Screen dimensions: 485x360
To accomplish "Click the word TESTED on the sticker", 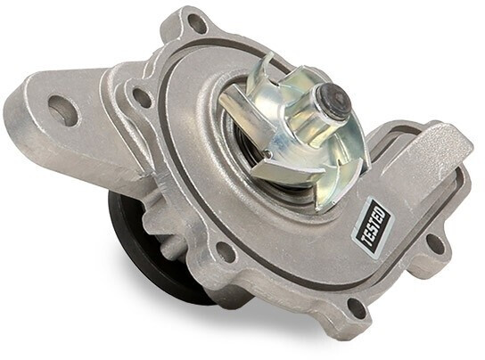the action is (x=374, y=226).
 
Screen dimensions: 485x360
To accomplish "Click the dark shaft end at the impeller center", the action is (x=336, y=102).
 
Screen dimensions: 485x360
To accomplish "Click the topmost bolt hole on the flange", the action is (x=194, y=22).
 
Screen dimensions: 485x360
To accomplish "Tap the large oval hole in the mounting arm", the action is (x=64, y=107).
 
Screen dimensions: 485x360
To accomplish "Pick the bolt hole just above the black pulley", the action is (x=222, y=248).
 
